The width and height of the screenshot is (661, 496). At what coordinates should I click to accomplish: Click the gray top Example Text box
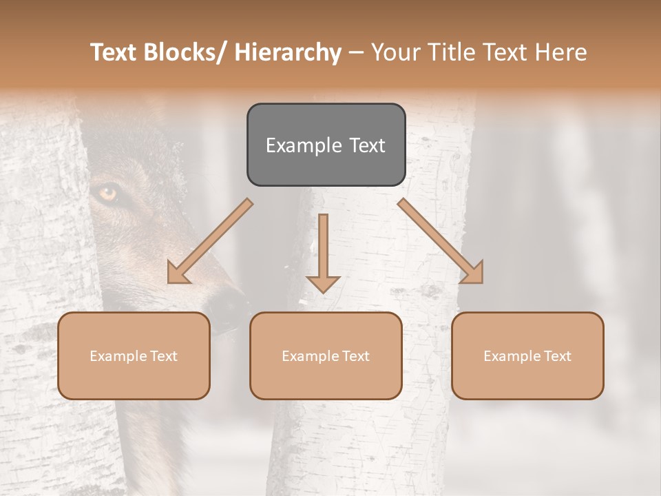[326, 145]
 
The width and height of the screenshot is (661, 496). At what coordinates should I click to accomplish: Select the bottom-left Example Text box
[134, 355]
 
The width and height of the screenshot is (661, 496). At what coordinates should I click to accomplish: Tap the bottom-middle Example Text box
[326, 355]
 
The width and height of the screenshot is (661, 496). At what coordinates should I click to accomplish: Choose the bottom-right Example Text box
[527, 355]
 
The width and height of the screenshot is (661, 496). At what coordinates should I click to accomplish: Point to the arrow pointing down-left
[210, 241]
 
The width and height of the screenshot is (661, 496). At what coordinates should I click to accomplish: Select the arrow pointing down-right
[441, 241]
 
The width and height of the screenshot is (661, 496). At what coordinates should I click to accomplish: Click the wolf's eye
[108, 194]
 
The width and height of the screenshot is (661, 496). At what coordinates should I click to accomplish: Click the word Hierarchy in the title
[288, 52]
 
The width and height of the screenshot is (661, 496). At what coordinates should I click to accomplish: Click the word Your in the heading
[396, 52]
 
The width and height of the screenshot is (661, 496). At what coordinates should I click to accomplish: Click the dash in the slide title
[356, 52]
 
